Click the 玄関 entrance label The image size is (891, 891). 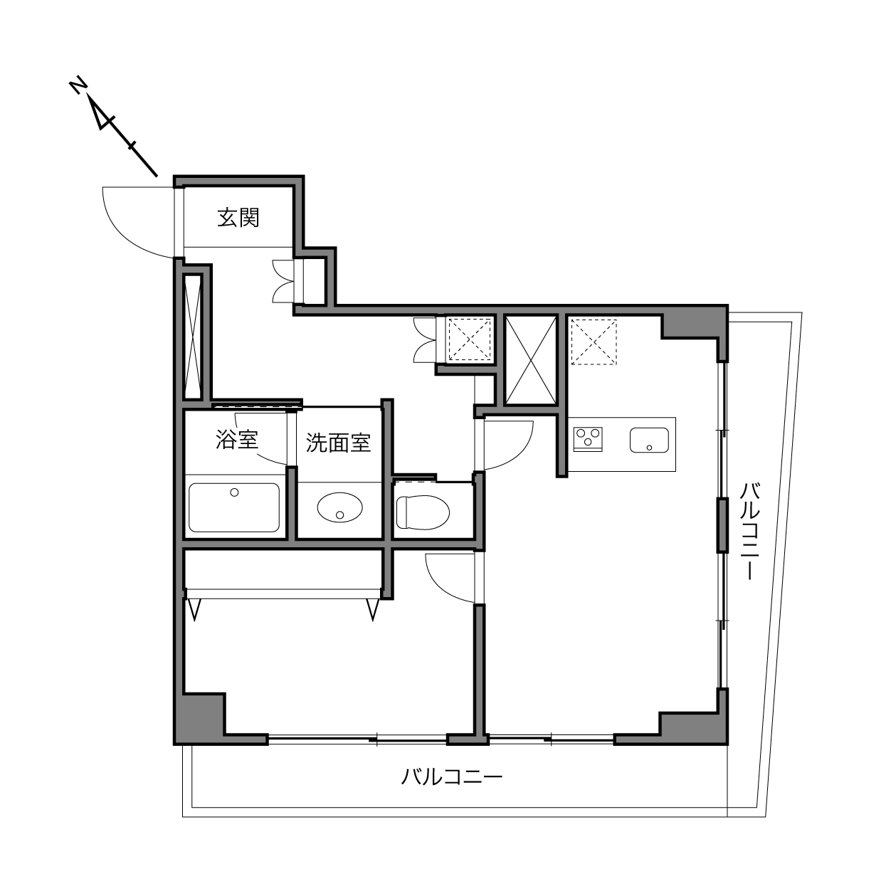pos(238,218)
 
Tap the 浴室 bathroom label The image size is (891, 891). pos(236,439)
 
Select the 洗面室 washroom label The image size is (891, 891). pos(338,443)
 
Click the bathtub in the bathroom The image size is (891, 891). pos(234,507)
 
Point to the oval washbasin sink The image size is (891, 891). pos(340,507)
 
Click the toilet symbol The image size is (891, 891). pos(423,512)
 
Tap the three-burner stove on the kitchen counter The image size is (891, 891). pos(588,439)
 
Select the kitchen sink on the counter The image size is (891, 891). pos(649,440)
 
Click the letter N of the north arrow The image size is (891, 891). pos(78,85)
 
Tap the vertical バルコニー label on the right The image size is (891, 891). pos(749,531)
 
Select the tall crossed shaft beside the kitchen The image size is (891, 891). pos(532,360)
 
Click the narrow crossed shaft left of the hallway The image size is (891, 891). pos(192,337)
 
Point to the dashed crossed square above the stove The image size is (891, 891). pos(594,342)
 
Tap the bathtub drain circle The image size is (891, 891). pos(234,492)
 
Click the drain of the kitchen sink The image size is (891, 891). pos(649,448)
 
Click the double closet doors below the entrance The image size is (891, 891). pos(283,281)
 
